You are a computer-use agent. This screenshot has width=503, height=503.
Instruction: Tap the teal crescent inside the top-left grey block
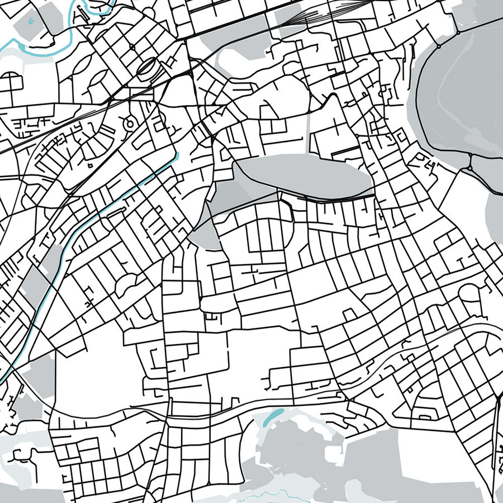click(x=31, y=21)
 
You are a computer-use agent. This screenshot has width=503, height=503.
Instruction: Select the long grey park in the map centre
click(x=305, y=176)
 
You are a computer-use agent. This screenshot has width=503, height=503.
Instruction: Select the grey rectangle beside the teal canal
click(x=35, y=285)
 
